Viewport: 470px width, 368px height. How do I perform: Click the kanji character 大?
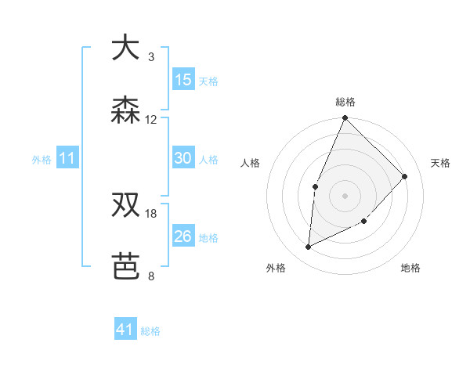tap(125, 48)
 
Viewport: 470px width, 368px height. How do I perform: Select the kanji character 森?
tap(125, 110)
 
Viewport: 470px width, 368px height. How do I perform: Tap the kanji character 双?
tap(125, 204)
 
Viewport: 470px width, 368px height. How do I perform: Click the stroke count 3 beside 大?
tap(151, 57)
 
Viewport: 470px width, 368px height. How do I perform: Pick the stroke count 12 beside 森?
tap(151, 120)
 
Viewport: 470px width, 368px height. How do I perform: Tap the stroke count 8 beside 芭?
tap(151, 276)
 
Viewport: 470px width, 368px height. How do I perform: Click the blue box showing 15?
tap(183, 80)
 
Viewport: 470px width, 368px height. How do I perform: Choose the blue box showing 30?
tap(183, 158)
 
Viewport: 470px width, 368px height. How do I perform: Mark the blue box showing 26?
tap(183, 236)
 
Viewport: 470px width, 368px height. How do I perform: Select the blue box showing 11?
tap(67, 158)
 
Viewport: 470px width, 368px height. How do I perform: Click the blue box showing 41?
tap(125, 330)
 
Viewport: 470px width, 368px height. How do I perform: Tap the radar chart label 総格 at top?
tap(345, 102)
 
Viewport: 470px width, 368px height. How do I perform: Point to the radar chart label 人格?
tap(251, 163)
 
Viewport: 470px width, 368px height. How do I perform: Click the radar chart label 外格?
tap(276, 268)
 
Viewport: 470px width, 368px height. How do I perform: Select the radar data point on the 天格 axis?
tap(405, 176)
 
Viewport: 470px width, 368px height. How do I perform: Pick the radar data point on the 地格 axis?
tap(364, 222)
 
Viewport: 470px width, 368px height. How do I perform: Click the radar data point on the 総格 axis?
tap(345, 119)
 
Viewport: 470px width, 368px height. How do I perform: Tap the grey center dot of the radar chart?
tap(345, 195)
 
